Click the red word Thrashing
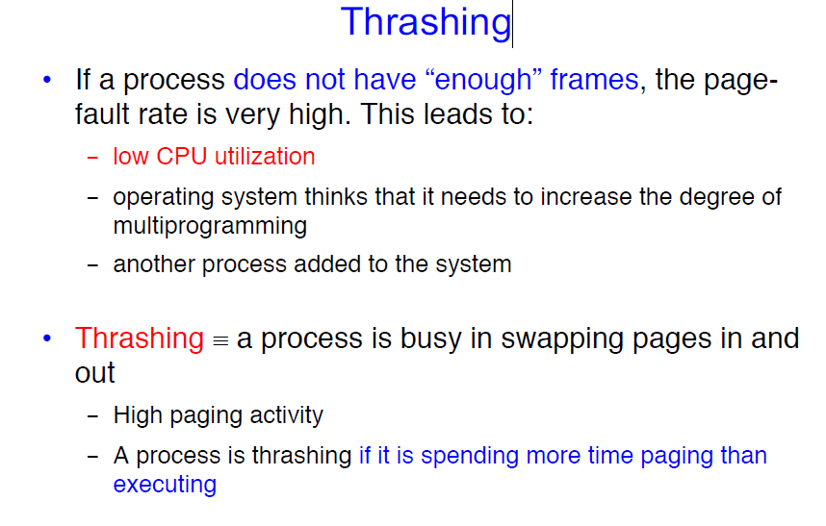coord(139,338)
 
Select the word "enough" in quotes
coord(483,80)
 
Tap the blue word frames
coord(594,80)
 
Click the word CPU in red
coord(181,156)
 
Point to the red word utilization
coord(265,156)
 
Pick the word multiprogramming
coord(210,226)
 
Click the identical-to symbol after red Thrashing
coord(220,341)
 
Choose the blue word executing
coord(165,485)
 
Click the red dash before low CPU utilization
coord(92,157)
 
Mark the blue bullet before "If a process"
coord(47,80)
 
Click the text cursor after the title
coord(512,25)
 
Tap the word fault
coord(102,113)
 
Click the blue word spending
coord(470,456)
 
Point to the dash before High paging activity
coord(92,416)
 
